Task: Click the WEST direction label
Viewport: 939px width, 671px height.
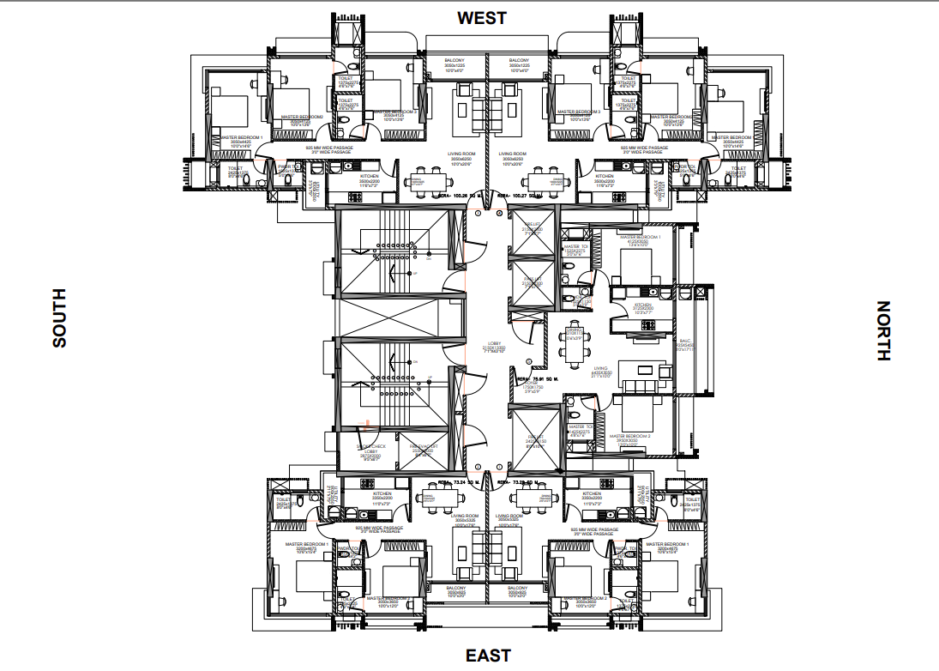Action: [x=481, y=17]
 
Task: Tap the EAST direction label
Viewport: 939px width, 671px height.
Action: [x=488, y=656]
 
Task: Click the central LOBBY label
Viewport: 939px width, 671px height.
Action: [x=494, y=345]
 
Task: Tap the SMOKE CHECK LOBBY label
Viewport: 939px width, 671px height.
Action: [x=371, y=449]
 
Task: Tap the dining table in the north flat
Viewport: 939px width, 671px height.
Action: [x=575, y=336]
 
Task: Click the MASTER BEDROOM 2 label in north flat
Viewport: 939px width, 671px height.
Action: [x=630, y=438]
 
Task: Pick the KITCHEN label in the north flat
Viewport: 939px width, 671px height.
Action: [x=643, y=307]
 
